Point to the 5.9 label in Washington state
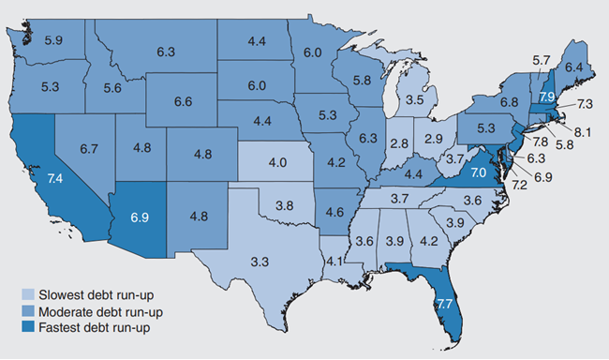[54, 40]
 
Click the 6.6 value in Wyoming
[184, 100]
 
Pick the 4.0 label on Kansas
[277, 162]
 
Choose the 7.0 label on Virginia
[479, 172]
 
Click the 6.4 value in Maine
[573, 67]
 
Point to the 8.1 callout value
[580, 134]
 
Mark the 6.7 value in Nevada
[90, 148]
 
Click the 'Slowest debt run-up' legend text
[85, 295]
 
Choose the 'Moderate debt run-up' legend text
[90, 311]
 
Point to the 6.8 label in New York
[509, 101]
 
